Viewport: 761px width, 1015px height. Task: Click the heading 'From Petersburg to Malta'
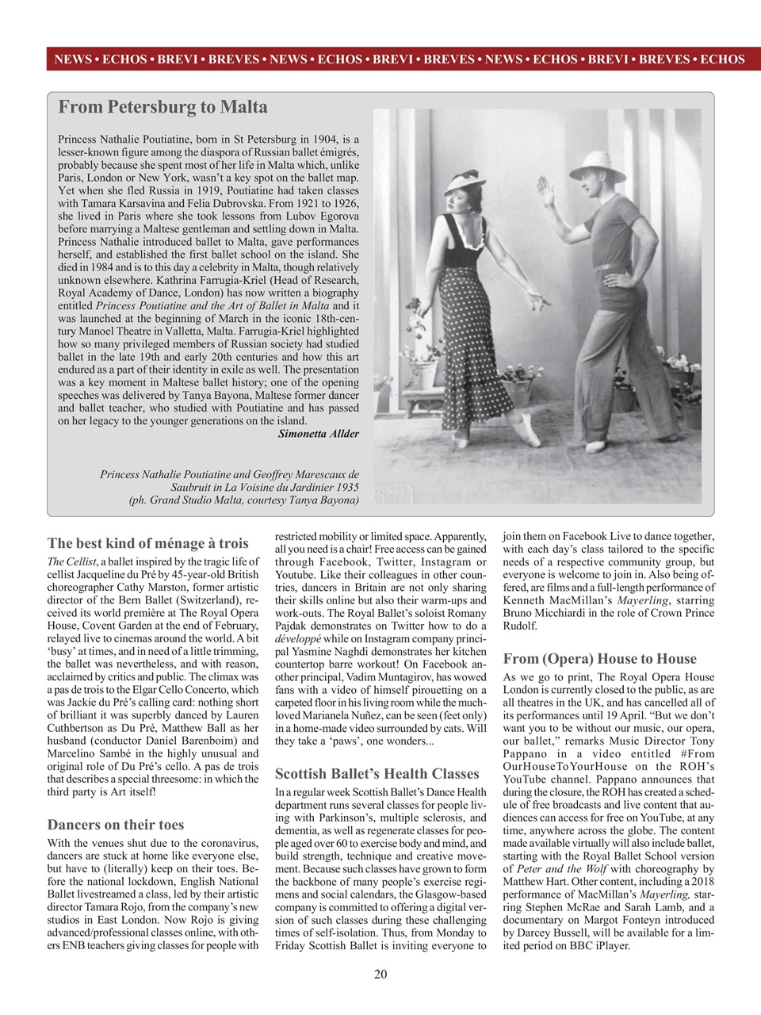tap(163, 107)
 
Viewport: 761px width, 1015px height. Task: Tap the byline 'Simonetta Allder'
tap(318, 434)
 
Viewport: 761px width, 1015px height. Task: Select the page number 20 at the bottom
tap(380, 974)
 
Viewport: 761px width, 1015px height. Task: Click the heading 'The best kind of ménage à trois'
tap(148, 543)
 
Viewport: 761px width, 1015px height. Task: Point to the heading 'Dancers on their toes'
tap(116, 825)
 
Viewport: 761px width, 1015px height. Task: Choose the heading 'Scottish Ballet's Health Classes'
tap(377, 773)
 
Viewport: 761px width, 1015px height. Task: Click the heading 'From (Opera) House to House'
tap(600, 658)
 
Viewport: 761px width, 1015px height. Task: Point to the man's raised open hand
tap(545, 192)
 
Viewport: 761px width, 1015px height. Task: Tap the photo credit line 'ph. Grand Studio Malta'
tap(243, 500)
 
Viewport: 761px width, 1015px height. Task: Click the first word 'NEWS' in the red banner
tap(72, 59)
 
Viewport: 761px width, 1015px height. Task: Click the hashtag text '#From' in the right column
tap(697, 753)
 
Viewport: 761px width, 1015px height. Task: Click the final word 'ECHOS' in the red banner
tap(722, 59)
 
